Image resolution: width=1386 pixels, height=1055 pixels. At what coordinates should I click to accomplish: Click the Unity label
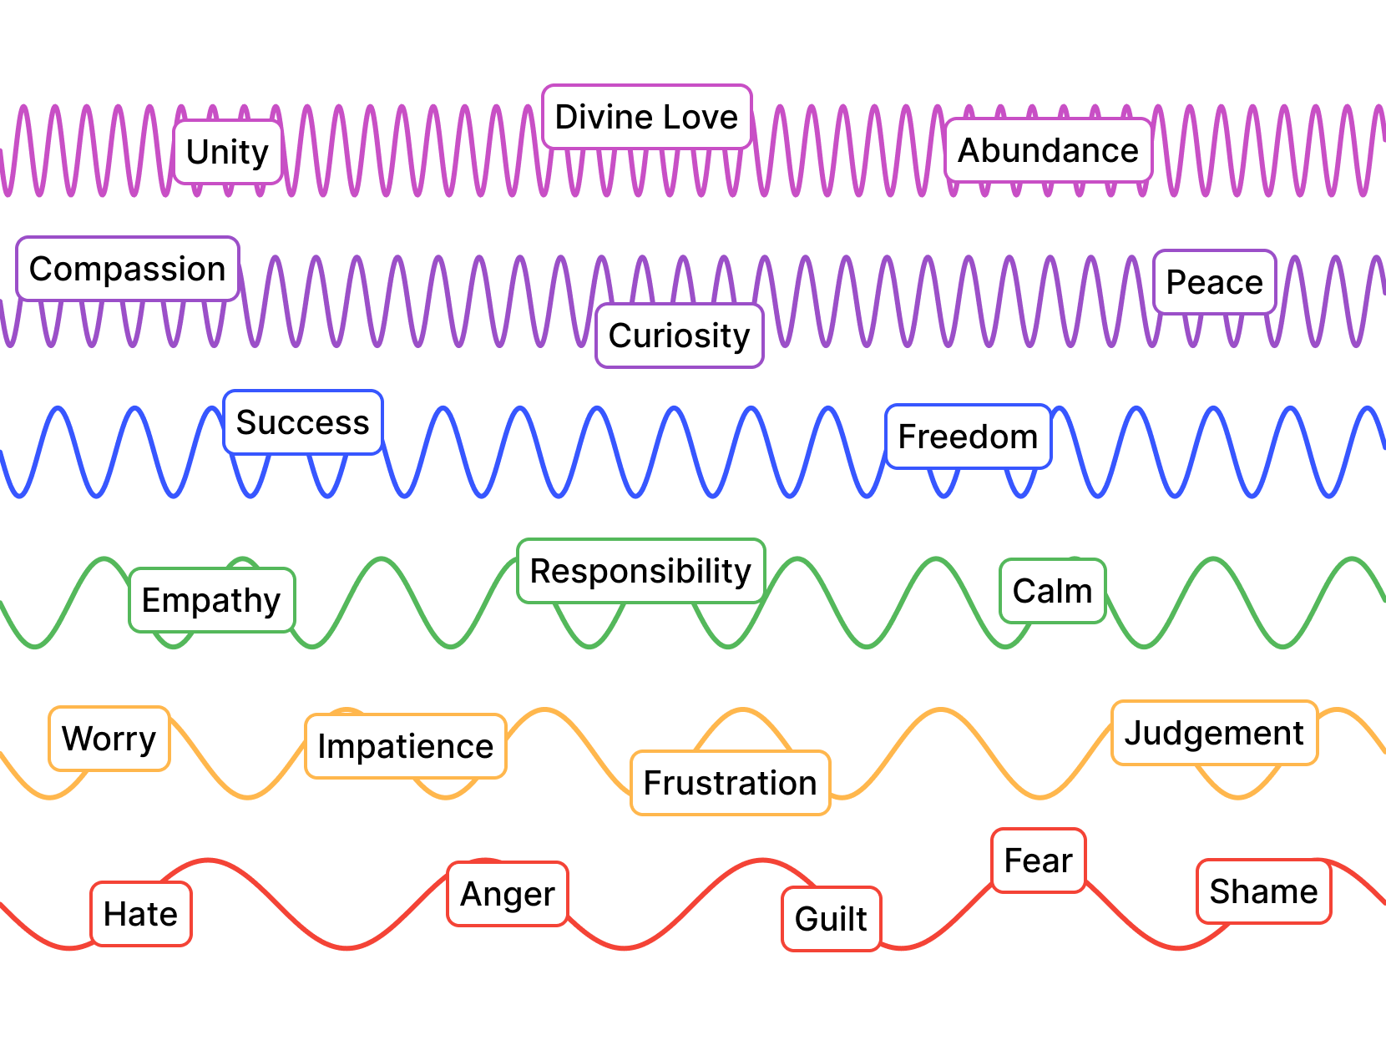click(x=228, y=152)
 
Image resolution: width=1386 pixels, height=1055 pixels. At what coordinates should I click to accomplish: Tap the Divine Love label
click(x=646, y=117)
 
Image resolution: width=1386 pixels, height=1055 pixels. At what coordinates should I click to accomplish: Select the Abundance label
click(x=1048, y=150)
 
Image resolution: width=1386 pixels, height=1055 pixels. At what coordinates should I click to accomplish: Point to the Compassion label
click(x=128, y=269)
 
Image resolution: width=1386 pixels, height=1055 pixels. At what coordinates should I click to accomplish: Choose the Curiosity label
click(x=679, y=336)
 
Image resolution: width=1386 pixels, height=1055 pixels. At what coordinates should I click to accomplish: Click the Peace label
click(x=1214, y=282)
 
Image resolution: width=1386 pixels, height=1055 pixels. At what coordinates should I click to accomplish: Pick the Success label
click(x=302, y=422)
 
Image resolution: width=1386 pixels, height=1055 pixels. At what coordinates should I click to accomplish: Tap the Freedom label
click(x=968, y=437)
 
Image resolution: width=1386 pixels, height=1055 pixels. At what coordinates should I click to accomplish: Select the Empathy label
click(x=211, y=600)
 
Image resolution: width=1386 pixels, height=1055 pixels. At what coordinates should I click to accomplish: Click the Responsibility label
click(x=640, y=571)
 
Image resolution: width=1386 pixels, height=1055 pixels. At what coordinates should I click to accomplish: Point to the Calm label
click(x=1052, y=591)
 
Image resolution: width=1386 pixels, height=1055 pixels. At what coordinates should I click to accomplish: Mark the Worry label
click(x=109, y=739)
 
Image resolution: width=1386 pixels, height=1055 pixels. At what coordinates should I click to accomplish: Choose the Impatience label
click(x=405, y=746)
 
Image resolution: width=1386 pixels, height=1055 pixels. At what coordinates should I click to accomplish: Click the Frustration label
click(x=730, y=783)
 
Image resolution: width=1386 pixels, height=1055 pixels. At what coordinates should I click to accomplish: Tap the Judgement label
click(x=1214, y=733)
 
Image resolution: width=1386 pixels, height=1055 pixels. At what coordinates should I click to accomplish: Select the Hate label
click(x=140, y=914)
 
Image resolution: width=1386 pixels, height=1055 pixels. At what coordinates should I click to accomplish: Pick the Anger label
click(x=507, y=894)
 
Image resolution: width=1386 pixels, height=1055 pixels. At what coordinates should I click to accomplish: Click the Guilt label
click(x=831, y=919)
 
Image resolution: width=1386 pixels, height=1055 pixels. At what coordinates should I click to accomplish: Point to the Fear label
click(x=1038, y=861)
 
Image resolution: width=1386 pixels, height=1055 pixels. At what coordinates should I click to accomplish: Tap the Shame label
click(x=1263, y=891)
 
